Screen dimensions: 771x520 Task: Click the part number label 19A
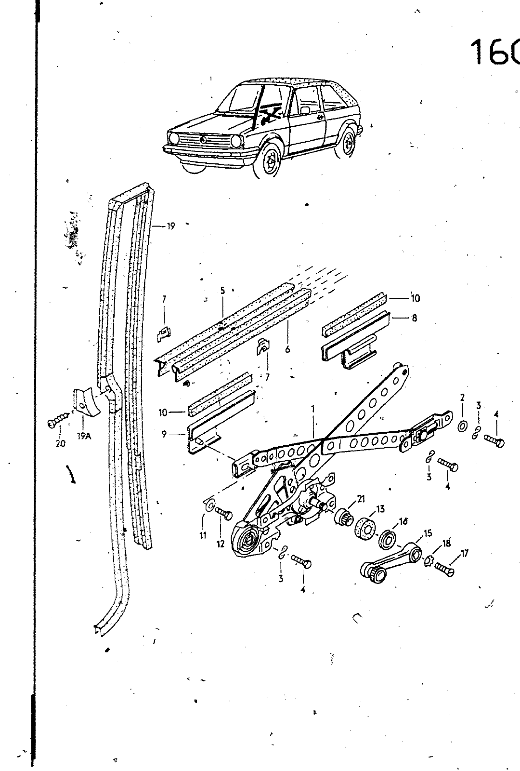click(83, 437)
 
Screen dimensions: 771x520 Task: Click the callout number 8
click(415, 318)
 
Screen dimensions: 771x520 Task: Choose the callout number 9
click(165, 434)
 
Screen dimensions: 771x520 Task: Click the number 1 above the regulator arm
click(313, 409)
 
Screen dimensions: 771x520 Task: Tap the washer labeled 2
click(462, 426)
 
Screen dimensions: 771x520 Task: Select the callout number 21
click(361, 498)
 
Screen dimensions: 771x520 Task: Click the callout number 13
click(380, 509)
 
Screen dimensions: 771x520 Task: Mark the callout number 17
click(465, 554)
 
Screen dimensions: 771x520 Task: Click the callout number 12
click(221, 545)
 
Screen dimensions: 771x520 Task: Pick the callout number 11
click(203, 535)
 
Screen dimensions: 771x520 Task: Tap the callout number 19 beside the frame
click(171, 226)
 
